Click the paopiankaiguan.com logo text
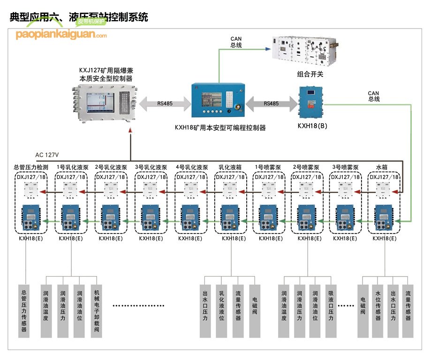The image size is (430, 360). pyautogui.click(x=61, y=34)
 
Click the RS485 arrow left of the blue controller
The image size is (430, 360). pyautogui.click(x=164, y=104)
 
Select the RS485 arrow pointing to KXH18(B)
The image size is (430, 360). pyautogui.click(x=271, y=104)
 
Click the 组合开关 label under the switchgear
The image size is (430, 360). pyautogui.click(x=310, y=74)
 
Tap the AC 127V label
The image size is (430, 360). pyautogui.click(x=50, y=155)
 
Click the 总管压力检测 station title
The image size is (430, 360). pyautogui.click(x=31, y=167)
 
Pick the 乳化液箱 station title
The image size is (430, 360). pyautogui.click(x=230, y=167)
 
